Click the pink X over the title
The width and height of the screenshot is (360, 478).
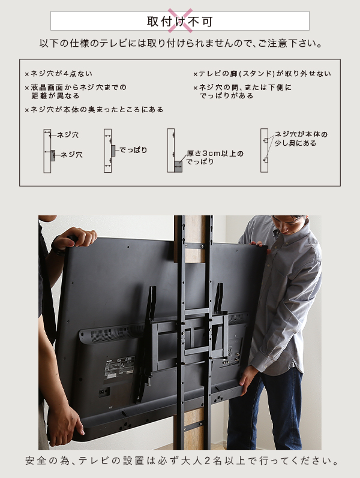pos(180,20)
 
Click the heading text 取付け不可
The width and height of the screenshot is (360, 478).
pos(179,22)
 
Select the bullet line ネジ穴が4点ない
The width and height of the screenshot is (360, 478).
pos(59,73)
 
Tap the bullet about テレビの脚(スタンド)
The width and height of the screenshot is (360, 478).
pos(262,73)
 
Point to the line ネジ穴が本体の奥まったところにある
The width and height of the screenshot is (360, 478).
pos(94,109)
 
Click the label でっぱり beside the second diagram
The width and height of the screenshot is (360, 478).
pos(133,150)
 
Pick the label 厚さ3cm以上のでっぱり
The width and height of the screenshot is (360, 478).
pos(215,157)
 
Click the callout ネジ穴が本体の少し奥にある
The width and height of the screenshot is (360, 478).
pos(301,139)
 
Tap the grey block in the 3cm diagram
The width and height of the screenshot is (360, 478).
pos(178,167)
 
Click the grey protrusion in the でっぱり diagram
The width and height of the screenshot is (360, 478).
pos(113,151)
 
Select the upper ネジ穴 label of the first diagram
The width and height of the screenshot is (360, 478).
pos(68,135)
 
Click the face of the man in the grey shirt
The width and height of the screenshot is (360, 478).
pos(289,225)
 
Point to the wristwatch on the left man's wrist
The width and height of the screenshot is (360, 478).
pos(59,246)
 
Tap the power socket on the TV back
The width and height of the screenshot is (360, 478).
pos(104,392)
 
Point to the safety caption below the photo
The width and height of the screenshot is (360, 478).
pos(182,461)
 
